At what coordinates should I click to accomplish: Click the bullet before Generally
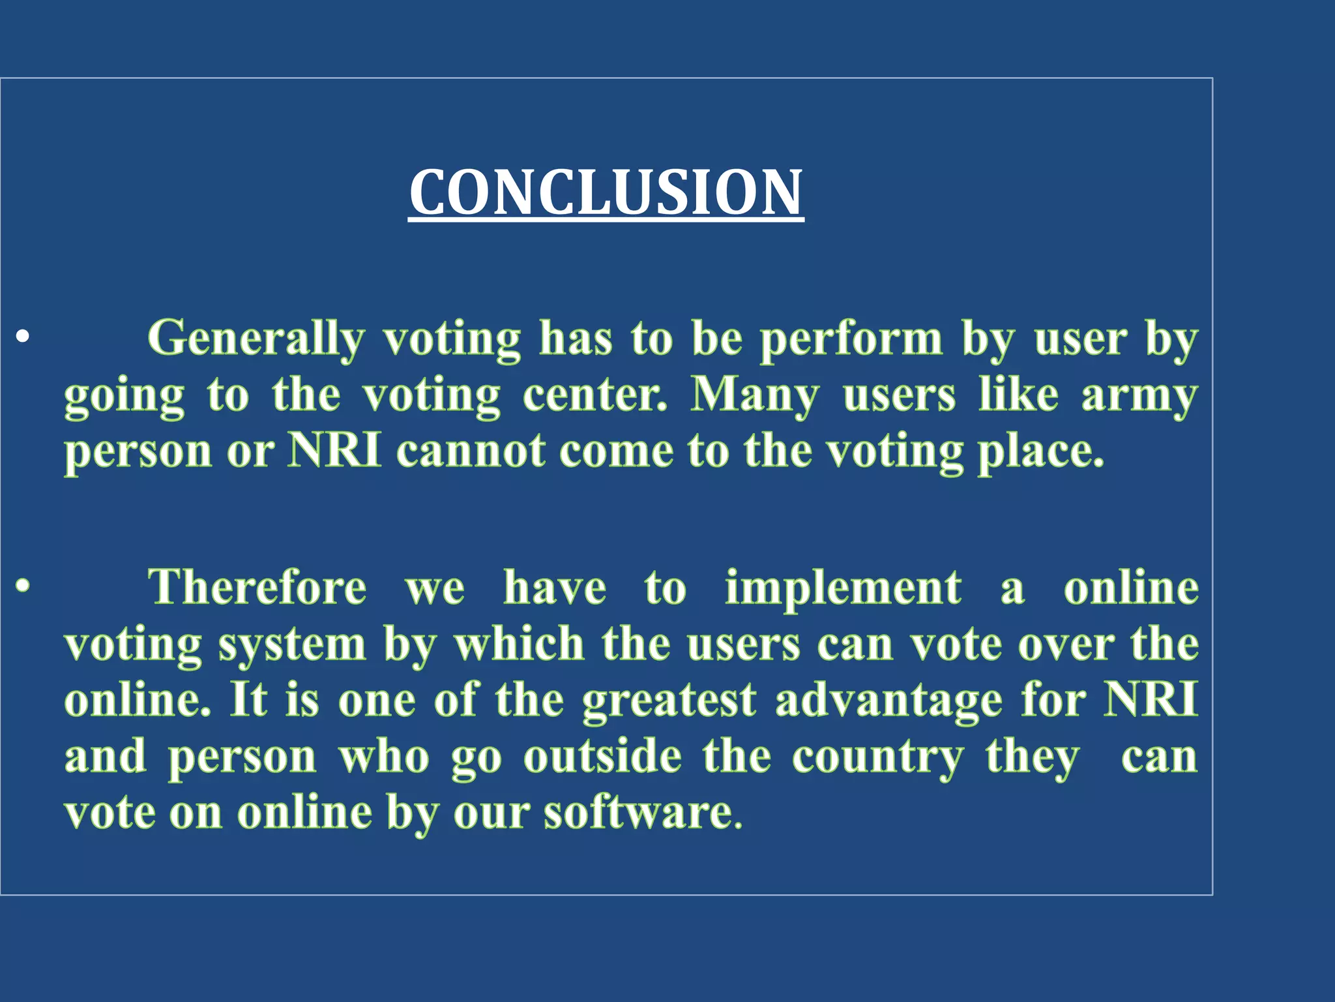click(x=23, y=338)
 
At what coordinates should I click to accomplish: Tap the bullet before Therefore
click(x=23, y=586)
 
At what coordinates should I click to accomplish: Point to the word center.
click(x=594, y=395)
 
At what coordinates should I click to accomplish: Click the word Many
click(x=755, y=395)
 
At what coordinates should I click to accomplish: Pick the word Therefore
click(x=257, y=587)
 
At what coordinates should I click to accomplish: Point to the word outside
click(x=603, y=757)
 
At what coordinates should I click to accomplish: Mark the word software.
click(x=643, y=813)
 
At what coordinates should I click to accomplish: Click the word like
click(x=1018, y=395)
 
